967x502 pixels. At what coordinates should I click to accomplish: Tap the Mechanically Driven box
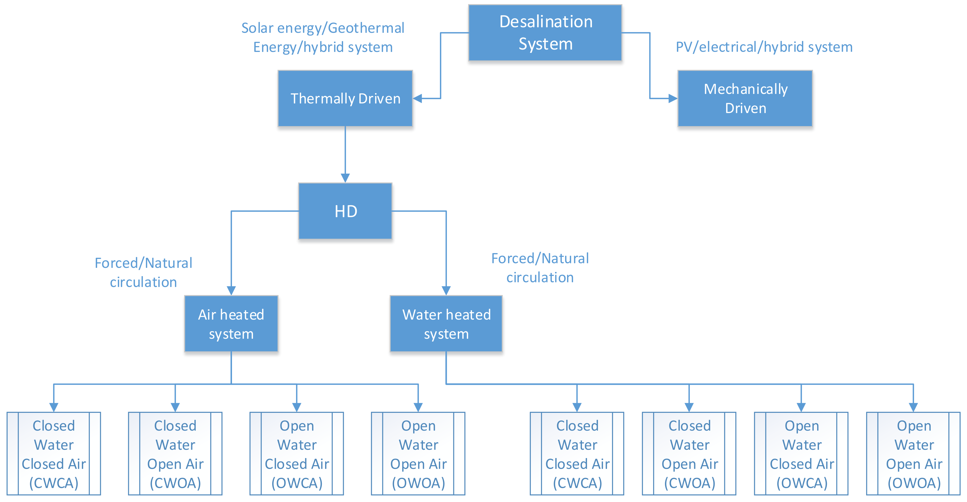click(x=745, y=98)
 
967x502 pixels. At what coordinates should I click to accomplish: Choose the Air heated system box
click(x=231, y=323)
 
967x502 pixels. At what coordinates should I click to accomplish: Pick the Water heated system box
click(x=446, y=323)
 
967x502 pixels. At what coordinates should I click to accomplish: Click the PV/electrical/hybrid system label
click(x=764, y=47)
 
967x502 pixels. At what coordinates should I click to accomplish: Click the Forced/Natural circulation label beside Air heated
click(x=143, y=272)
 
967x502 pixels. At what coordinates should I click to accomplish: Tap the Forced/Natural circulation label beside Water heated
click(x=540, y=268)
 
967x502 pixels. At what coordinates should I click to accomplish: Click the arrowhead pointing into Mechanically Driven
click(x=673, y=99)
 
